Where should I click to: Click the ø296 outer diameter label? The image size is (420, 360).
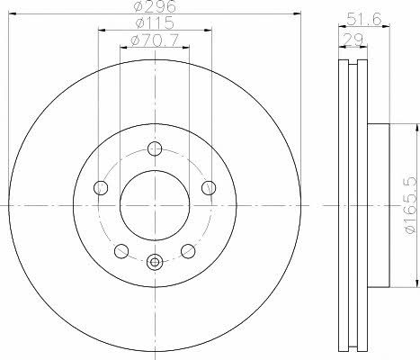(x=155, y=6)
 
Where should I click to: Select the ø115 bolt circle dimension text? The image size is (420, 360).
(x=155, y=22)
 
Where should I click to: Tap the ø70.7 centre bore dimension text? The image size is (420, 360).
(x=155, y=40)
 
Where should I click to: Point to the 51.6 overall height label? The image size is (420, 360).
(x=364, y=19)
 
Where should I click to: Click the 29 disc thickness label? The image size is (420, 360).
(x=353, y=39)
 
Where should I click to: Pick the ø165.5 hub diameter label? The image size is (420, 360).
(x=410, y=205)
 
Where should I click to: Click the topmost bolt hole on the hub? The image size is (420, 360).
(x=155, y=148)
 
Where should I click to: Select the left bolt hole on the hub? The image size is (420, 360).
(x=101, y=188)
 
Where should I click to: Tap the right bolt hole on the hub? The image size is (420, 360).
(x=209, y=188)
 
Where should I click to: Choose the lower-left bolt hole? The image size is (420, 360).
(x=121, y=251)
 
